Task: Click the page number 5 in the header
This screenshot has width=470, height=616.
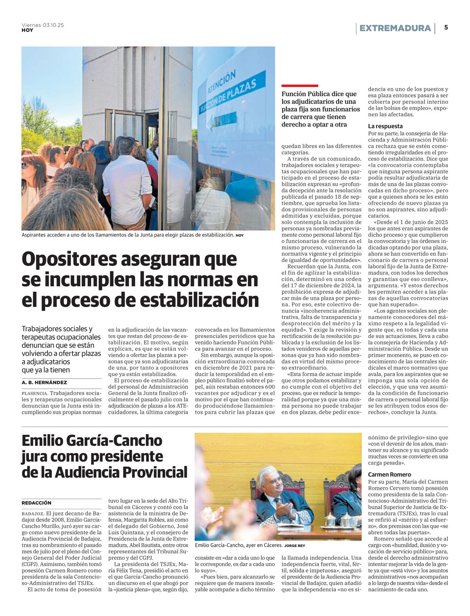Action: coord(446,28)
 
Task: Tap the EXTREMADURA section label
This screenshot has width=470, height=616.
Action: coord(395,28)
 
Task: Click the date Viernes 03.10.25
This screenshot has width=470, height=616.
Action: coord(43,25)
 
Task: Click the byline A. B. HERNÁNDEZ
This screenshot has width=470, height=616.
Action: coord(44,383)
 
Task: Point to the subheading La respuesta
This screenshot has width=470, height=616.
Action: coord(385,126)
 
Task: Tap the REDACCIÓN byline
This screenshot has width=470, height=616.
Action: coord(36,503)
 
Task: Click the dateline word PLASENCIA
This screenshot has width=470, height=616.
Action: coord(34,393)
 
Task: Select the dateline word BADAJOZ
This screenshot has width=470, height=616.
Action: coord(33,514)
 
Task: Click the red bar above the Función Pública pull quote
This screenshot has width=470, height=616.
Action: coord(300,86)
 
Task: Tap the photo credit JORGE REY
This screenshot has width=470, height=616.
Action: coord(295,546)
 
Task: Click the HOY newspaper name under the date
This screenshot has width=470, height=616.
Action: coord(27,31)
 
